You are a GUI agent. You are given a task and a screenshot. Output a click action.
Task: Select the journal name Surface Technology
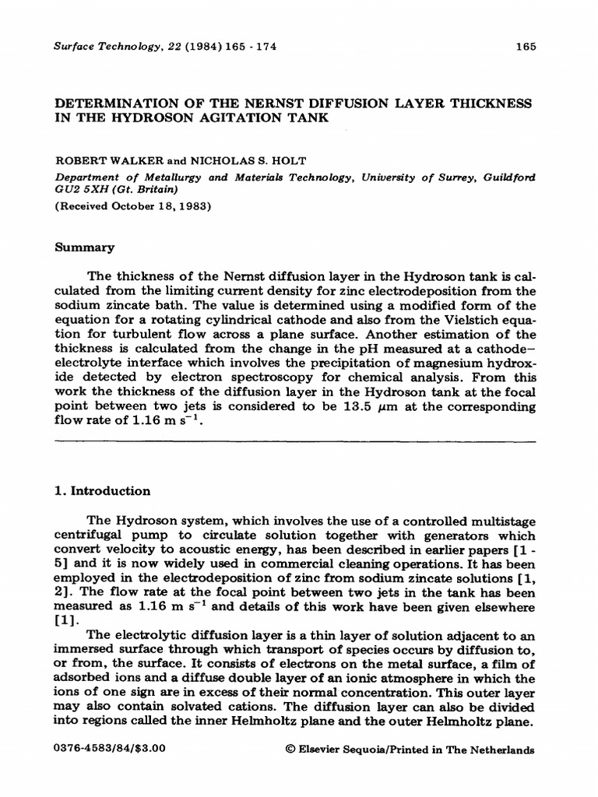pyautogui.click(x=100, y=47)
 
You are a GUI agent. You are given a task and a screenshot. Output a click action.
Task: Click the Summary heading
pyautogui.click(x=84, y=248)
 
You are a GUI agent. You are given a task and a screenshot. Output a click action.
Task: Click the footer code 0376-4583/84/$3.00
pyautogui.click(x=110, y=750)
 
